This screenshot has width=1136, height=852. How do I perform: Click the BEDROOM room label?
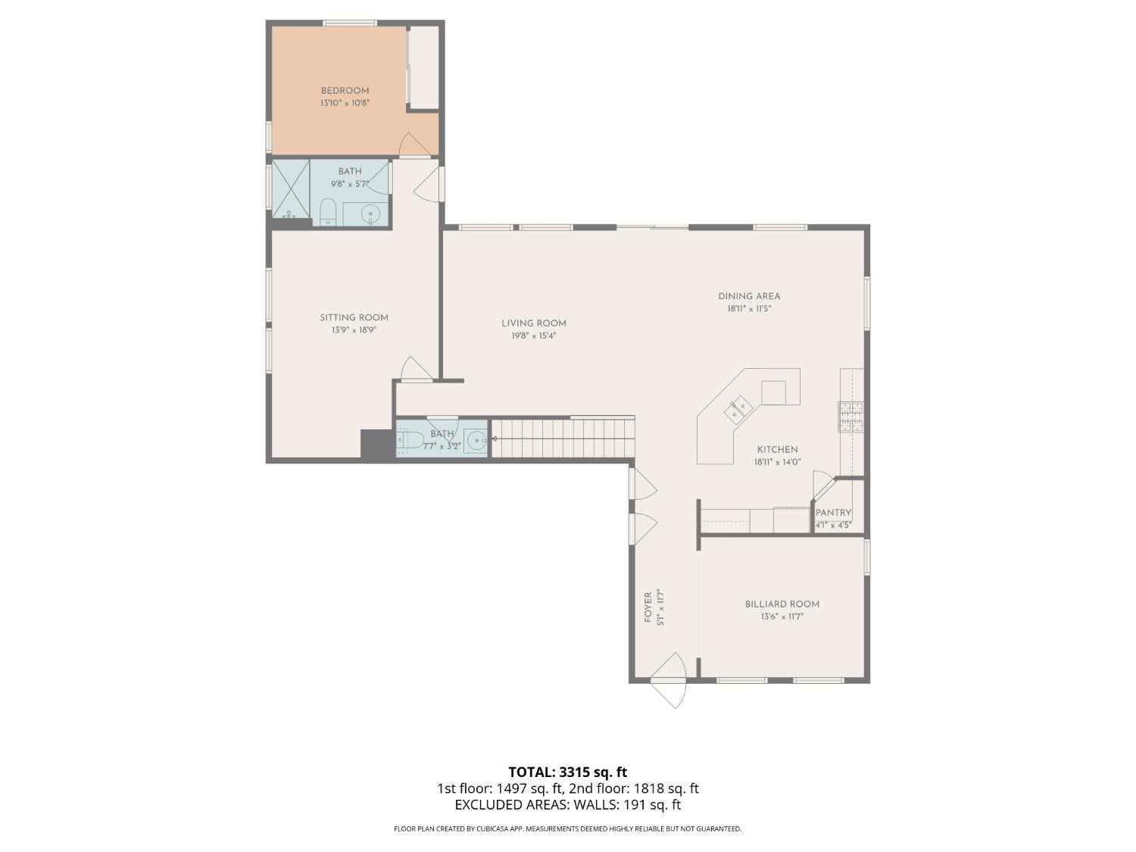pos(345,91)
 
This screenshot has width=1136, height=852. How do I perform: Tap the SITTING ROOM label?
pos(354,317)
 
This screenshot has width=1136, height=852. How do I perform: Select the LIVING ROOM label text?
pos(534,323)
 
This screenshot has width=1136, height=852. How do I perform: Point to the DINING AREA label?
pos(749,296)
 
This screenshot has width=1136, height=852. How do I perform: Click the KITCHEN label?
pos(777,450)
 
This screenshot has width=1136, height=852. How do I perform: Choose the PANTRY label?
pos(833,513)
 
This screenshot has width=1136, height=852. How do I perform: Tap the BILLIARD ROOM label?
pos(782,604)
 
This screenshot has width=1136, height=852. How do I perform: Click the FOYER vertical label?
pos(648,607)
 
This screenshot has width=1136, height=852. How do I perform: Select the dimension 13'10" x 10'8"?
pos(345,103)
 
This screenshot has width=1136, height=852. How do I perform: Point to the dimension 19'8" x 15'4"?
pos(534,335)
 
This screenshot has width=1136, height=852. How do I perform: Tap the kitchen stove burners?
pos(851,417)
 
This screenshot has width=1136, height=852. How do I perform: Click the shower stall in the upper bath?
pos(291,189)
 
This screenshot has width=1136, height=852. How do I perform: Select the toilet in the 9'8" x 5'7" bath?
pos(328,213)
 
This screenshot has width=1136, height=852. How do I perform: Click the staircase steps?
pos(563,438)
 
